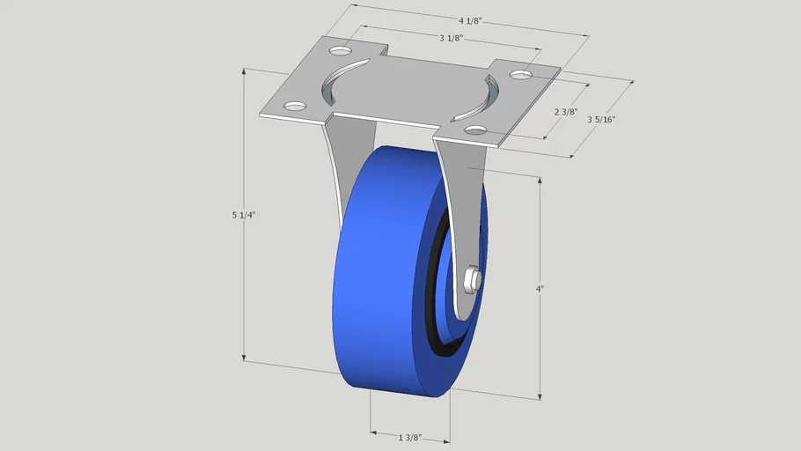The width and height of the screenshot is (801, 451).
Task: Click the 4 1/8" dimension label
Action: point(470,21)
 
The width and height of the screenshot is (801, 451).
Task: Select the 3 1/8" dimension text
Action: point(451,38)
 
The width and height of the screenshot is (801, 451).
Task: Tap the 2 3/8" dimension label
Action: point(565,112)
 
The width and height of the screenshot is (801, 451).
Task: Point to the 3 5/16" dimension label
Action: point(601,120)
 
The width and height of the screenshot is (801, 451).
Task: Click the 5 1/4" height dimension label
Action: point(244,215)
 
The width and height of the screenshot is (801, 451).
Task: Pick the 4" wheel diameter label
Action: point(540,289)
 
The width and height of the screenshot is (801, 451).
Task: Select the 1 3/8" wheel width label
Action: point(410,438)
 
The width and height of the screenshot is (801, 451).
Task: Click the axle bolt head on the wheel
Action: point(472,281)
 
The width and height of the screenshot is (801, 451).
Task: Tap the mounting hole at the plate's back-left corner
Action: point(341,51)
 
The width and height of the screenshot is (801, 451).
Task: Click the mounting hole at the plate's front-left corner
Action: point(295,107)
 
